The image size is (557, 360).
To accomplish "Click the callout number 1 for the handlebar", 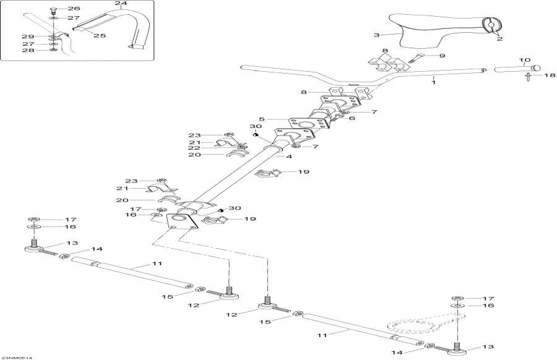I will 434,81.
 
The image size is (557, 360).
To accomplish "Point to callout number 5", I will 262,119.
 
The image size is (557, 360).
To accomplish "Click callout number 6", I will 352,118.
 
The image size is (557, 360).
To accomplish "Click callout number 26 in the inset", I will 73,9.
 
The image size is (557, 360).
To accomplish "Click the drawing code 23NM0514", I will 17,357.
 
